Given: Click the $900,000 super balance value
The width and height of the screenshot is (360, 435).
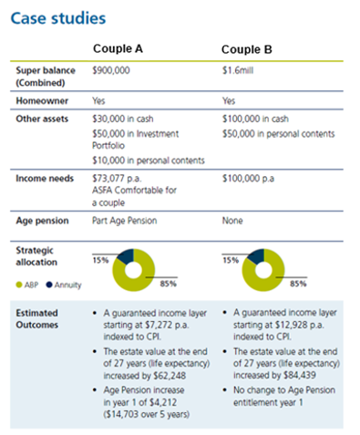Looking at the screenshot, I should [114, 69].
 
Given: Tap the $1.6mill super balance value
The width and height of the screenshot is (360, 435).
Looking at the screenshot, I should [239, 69].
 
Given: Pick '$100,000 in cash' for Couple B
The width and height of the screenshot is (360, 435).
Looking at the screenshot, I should [255, 119].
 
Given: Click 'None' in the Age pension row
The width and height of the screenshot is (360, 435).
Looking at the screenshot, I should [234, 220].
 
